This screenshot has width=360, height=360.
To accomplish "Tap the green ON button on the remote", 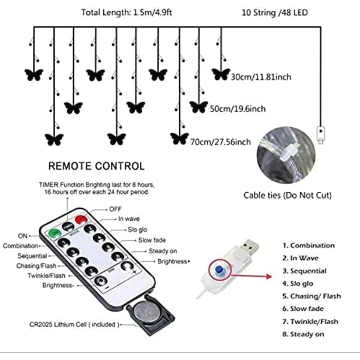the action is [x=55, y=233].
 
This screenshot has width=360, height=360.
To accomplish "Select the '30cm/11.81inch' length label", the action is [x=261, y=77].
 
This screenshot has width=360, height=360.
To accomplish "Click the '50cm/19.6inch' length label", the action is [x=238, y=109].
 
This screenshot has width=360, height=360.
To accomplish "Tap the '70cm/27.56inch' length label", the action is [x=220, y=142].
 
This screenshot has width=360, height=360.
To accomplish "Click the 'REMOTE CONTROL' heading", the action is [x=97, y=166].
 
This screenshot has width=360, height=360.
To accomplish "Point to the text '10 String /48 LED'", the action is [x=275, y=13].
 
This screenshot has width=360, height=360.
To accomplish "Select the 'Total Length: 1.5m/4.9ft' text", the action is [x=127, y=13].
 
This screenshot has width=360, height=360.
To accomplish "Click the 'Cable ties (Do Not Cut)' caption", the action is [x=287, y=196].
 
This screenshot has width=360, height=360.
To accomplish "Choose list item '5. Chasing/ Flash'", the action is [x=311, y=296].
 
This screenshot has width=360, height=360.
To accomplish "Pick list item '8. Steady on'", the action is [x=303, y=334].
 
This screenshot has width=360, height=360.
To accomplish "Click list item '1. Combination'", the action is [x=308, y=245].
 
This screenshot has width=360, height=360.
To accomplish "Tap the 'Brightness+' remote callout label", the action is [x=174, y=262].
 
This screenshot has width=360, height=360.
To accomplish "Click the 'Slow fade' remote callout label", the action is [x=152, y=240].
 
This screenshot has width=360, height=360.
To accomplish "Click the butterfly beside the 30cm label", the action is [x=221, y=74].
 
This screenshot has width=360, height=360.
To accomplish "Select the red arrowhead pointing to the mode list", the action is [x=269, y=276].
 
